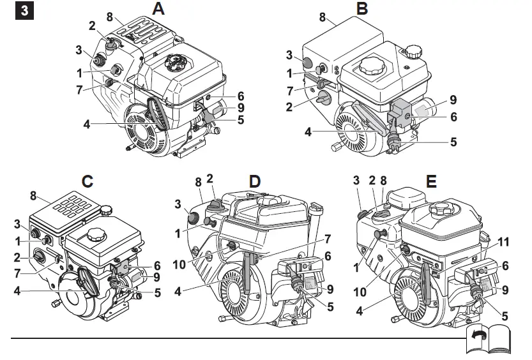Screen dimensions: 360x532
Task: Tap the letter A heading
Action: (158, 9)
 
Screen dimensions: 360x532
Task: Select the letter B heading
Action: (362, 9)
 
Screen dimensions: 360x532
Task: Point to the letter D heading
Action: (255, 181)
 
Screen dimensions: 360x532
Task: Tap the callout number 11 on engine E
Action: (504, 241)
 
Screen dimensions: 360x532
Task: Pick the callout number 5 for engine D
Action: (330, 307)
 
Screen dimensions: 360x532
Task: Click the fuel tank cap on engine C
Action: (96, 234)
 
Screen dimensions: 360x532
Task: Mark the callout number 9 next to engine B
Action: (453, 100)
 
